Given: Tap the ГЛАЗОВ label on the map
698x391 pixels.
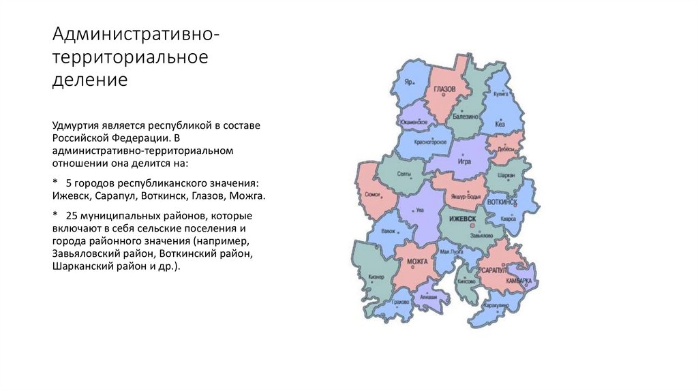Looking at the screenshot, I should (444, 89).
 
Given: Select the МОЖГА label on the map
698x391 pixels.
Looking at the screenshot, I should (416, 262).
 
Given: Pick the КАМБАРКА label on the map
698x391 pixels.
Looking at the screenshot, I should (519, 281).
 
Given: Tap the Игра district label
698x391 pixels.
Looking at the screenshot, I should (464, 162).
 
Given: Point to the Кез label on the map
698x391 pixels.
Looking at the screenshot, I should (500, 125).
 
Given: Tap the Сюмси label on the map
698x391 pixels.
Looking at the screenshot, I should (372, 194).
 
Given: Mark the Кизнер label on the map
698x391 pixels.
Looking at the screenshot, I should (376, 277).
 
